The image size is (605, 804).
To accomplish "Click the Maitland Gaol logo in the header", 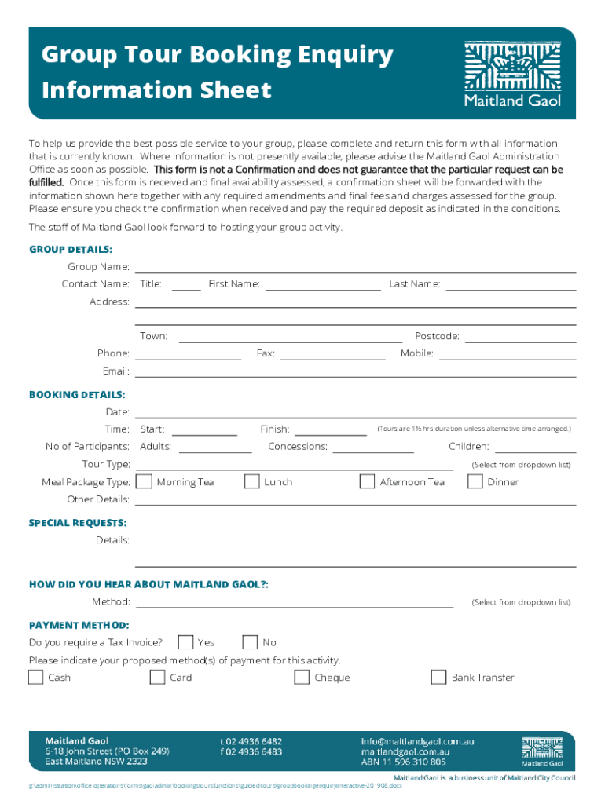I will coord(513,74).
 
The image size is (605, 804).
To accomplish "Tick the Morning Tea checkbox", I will coord(145,481).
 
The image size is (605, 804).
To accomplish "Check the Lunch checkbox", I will coord(251,481).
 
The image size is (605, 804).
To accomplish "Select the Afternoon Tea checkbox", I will coord(367,481).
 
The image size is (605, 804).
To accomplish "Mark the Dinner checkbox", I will coord(475,481).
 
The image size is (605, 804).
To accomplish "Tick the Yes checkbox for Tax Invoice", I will coord(185,642).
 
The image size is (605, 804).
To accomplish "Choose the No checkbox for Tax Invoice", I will coord(250,642).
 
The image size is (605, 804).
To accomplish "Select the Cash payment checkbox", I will coord(36,677).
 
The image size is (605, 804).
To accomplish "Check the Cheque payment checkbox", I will coord(302,677).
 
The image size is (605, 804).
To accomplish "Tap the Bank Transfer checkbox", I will coord(439,677).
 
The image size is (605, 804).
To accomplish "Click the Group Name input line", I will coord(355,267).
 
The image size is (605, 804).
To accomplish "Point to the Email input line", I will coord(355,371).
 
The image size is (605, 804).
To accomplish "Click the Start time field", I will coord(204,429).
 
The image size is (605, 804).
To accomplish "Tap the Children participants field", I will coord(535,447).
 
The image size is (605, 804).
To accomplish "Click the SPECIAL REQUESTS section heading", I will coord(78,522).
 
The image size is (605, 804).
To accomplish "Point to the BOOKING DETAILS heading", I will coord(77,394).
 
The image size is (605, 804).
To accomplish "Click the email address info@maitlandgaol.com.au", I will coord(417,741).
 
